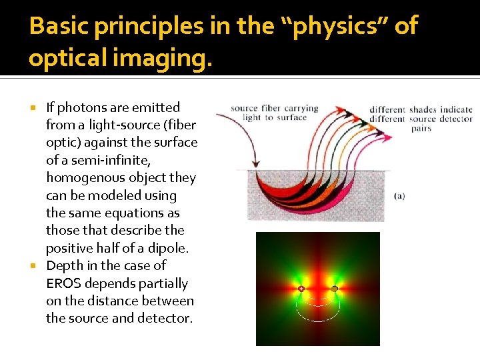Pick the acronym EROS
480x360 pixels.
[63, 283]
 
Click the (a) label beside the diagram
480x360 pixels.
[399, 196]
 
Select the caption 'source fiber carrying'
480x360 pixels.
[274, 109]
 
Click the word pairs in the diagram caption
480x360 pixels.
[421, 128]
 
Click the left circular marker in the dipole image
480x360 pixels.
[301, 289]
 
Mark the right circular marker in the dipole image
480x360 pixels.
[334, 289]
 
